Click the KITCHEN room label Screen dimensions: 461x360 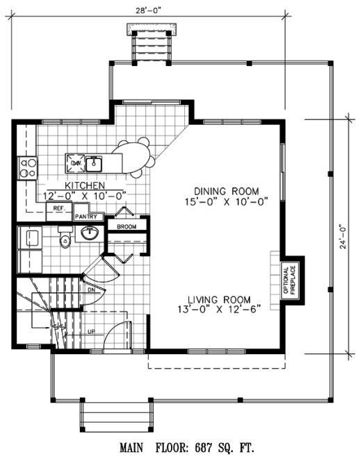[x=85, y=185]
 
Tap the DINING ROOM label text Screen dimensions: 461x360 [x=227, y=191]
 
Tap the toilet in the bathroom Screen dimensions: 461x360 [x=65, y=241]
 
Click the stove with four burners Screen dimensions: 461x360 [x=28, y=167]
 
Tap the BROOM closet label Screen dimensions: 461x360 [x=126, y=227]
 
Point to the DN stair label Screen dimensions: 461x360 [x=91, y=289]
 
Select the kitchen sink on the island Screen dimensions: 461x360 [x=95, y=164]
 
